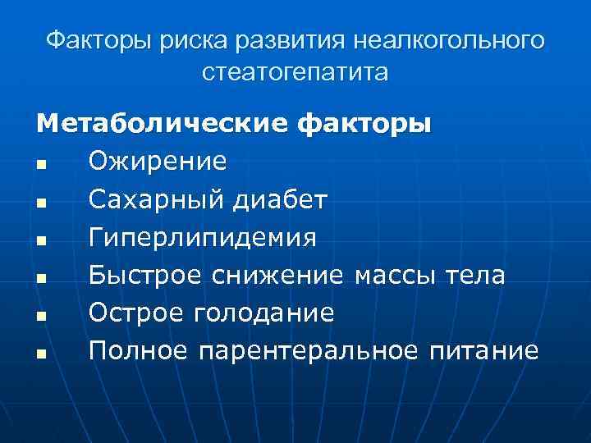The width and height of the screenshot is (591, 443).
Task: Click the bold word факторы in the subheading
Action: tap(364, 125)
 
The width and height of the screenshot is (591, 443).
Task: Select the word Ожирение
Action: tap(158, 162)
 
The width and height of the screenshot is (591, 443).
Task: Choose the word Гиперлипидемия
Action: tap(203, 238)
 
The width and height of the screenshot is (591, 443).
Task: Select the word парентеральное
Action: tap(309, 352)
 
